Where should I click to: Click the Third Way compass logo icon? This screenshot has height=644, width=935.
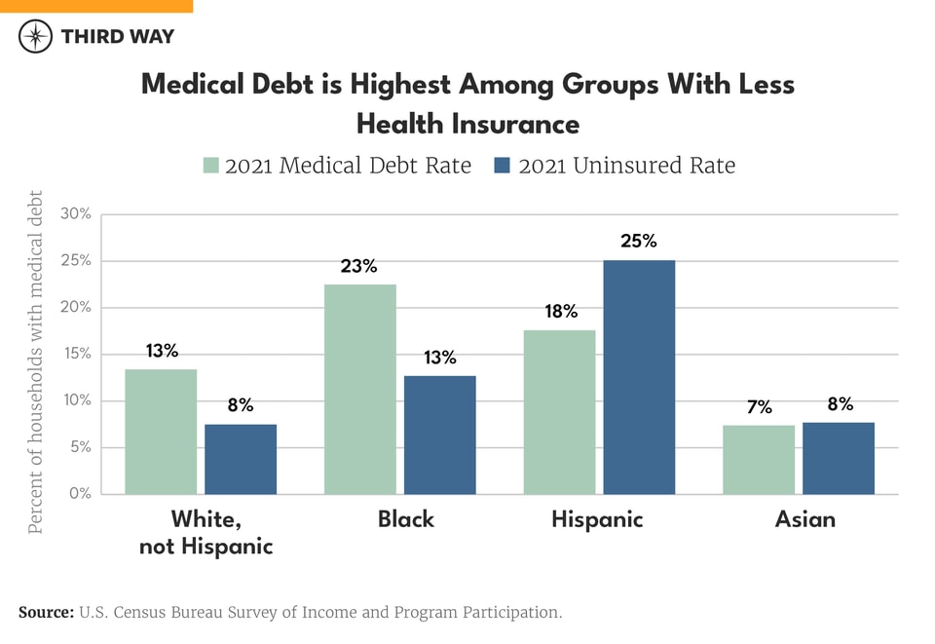(x=36, y=37)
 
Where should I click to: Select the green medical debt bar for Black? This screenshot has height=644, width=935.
(x=360, y=390)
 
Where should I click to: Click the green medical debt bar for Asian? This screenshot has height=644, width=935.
(x=759, y=460)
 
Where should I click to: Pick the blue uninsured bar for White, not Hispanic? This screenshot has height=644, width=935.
(x=241, y=459)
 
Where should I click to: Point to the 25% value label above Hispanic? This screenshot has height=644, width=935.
(x=640, y=241)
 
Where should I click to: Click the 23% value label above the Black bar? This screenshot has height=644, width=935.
(x=358, y=265)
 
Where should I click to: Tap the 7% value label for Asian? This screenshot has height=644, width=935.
(x=760, y=407)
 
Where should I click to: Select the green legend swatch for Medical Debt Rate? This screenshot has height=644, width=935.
(x=210, y=165)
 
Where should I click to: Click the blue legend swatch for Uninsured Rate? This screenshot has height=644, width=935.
(x=504, y=165)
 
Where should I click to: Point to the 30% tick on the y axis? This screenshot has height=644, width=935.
(x=76, y=214)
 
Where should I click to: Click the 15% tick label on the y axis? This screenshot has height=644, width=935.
(x=76, y=355)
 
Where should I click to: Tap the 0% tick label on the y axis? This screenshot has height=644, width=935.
(x=80, y=494)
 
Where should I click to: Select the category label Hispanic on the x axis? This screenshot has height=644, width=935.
(x=597, y=519)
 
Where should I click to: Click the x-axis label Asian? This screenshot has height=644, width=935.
(x=804, y=519)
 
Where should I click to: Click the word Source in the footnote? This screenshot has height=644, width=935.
(x=46, y=613)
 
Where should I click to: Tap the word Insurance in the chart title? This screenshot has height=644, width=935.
(x=515, y=125)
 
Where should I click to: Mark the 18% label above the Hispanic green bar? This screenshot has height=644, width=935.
(x=561, y=312)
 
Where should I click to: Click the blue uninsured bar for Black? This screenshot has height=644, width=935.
(x=440, y=436)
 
